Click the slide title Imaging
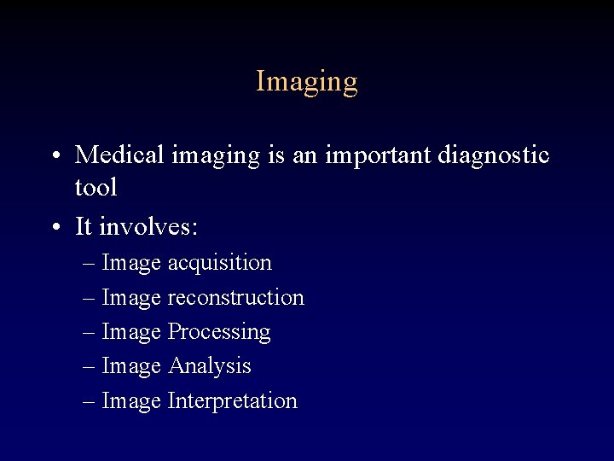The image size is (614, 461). [x=307, y=82]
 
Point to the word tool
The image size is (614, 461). [x=96, y=186]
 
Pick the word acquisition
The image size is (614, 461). [x=219, y=263]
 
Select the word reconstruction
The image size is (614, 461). [x=235, y=298]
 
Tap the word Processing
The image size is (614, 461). [x=219, y=332]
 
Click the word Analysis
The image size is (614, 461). [x=209, y=366]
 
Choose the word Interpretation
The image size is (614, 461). [x=232, y=401]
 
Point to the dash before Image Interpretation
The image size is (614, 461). [x=90, y=401]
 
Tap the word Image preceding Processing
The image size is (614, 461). [x=131, y=332]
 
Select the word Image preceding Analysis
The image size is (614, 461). [x=131, y=366]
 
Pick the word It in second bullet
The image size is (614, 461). [x=84, y=226]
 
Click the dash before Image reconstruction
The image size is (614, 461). [x=90, y=298]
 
